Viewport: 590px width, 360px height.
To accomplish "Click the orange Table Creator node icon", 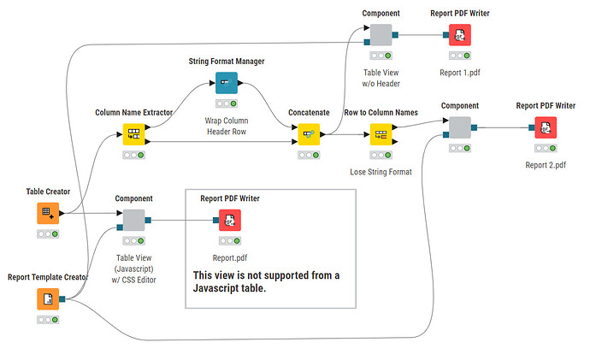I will tap(49, 214).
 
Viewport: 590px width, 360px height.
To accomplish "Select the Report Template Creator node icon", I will tap(49, 299).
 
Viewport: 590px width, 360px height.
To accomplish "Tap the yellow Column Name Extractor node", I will tap(134, 134).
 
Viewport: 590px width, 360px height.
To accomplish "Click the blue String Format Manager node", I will tap(226, 83).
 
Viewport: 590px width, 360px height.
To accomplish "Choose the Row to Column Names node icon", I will tap(381, 134).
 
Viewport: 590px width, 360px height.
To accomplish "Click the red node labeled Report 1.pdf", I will tap(460, 35).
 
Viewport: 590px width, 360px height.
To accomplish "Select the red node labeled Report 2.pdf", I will tap(546, 127).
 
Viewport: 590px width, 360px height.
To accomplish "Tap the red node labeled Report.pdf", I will tap(229, 221).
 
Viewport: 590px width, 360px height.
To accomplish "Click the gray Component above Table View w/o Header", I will tap(381, 35).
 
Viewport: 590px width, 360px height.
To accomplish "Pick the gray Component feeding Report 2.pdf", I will tap(460, 127).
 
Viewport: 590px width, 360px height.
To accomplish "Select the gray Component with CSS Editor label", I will tap(134, 221).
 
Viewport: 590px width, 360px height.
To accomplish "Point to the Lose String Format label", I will tap(381, 172).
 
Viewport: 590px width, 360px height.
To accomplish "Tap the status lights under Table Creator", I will tap(49, 233).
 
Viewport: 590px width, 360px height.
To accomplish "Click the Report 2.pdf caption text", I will tap(546, 165).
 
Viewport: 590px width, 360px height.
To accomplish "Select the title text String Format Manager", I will tap(226, 62).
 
